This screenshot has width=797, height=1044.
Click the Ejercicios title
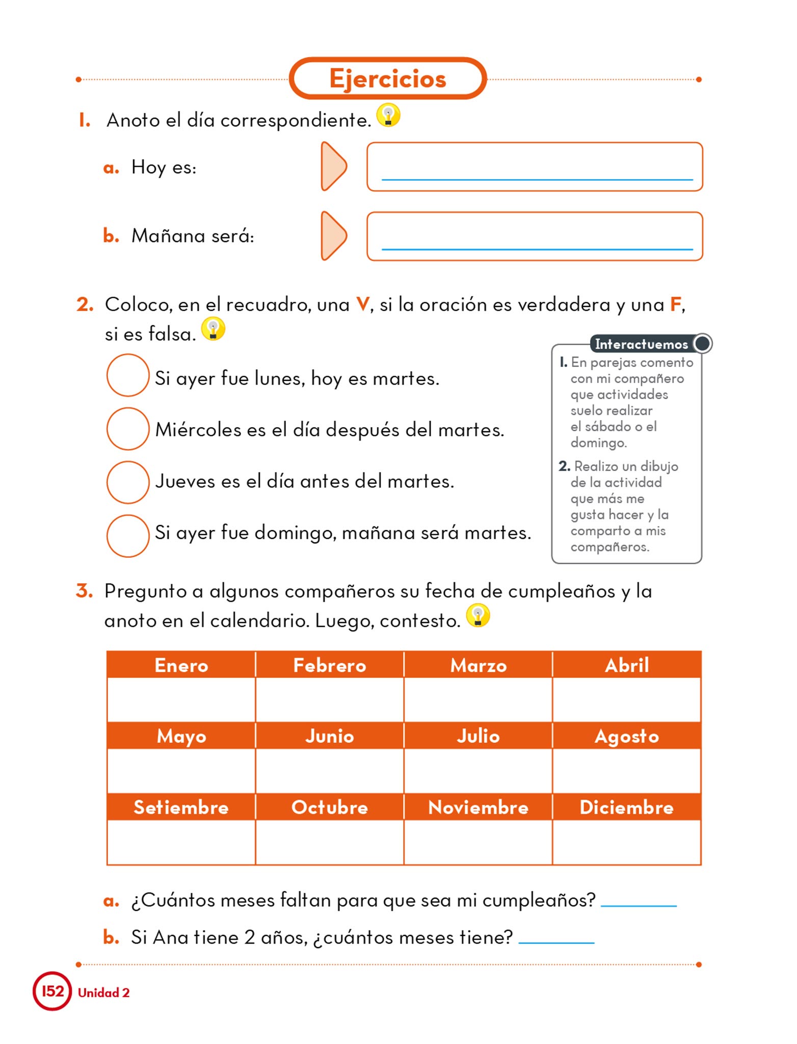tap(387, 79)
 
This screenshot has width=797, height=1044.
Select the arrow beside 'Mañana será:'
tap(334, 236)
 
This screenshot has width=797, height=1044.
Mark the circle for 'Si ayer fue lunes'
tap(127, 375)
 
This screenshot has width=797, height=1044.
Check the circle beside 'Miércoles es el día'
tap(127, 429)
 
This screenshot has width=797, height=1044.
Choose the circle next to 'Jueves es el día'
tap(127, 482)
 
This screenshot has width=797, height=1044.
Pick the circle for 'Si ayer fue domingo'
tap(127, 536)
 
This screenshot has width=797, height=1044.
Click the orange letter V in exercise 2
tap(362, 304)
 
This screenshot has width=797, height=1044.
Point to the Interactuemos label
tap(642, 344)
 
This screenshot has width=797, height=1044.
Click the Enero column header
tap(181, 665)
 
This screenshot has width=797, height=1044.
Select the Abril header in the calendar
tap(627, 665)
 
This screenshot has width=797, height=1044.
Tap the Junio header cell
tap(330, 736)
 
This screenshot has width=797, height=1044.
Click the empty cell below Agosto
tap(627, 770)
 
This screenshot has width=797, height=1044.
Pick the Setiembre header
tap(181, 807)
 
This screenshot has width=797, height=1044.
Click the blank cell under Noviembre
tap(478, 842)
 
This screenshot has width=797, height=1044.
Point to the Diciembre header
tap(627, 807)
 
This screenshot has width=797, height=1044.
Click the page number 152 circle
tap(52, 991)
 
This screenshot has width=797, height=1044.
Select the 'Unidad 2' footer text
tap(103, 993)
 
